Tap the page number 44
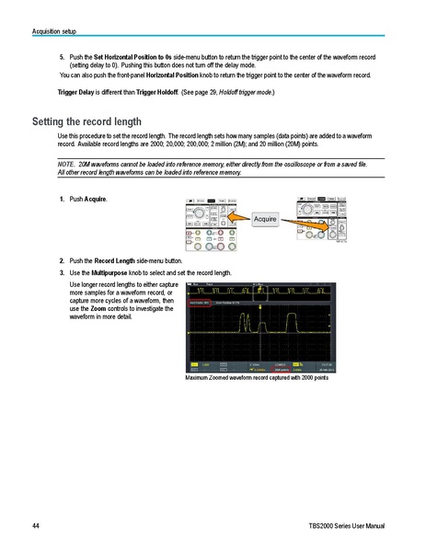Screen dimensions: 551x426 (x=35, y=526)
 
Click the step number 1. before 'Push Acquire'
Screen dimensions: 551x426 (x=62, y=200)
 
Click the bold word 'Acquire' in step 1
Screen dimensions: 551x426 (x=95, y=200)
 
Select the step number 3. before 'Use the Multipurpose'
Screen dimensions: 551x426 (x=62, y=273)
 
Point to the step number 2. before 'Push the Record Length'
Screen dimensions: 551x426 (x=62, y=261)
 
